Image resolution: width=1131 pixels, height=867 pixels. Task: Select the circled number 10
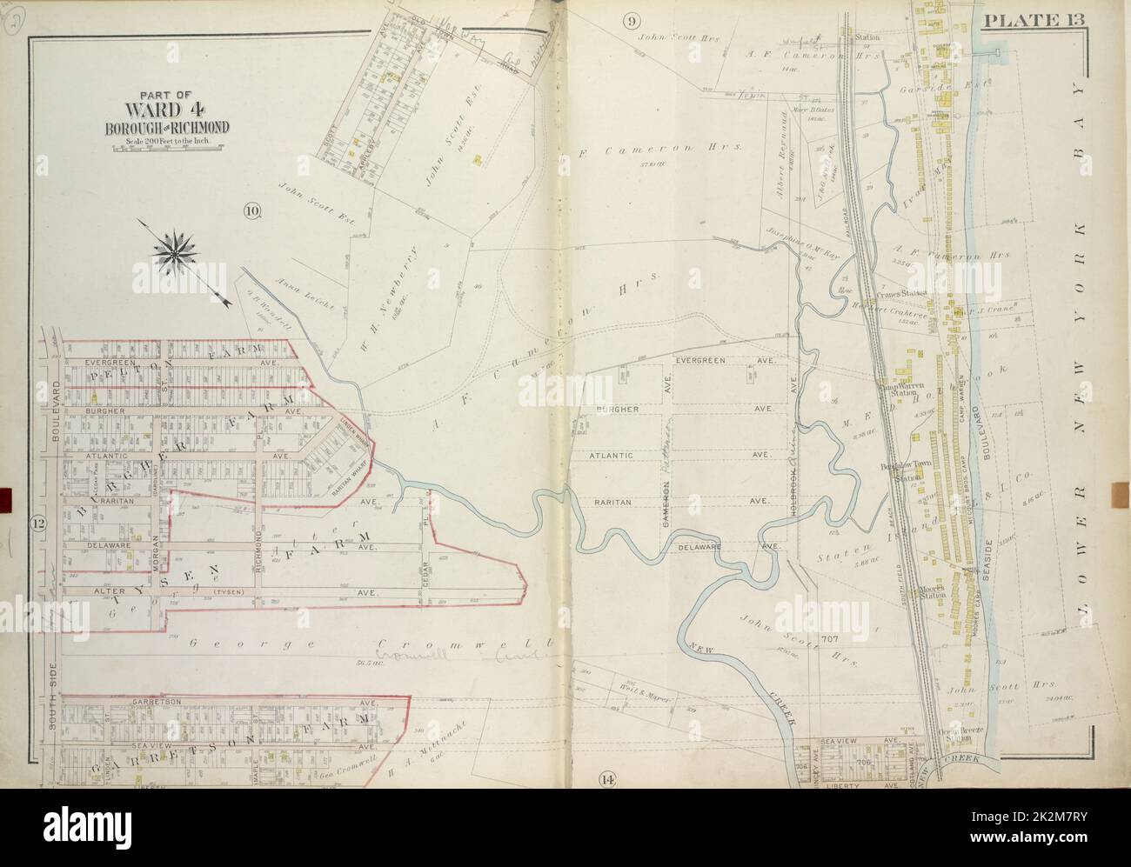point(252,210)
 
